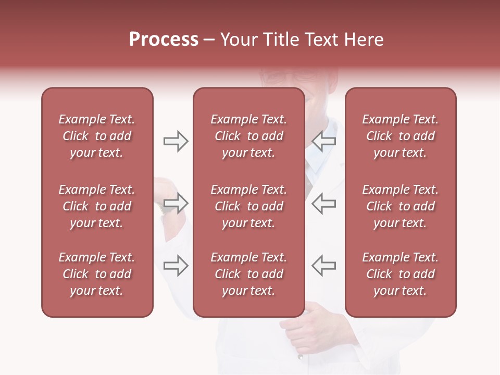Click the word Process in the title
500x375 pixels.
(164, 40)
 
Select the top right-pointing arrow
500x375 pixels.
(176, 141)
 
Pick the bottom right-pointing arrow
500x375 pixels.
(176, 266)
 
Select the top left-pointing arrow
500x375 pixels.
(324, 141)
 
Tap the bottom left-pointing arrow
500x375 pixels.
(324, 266)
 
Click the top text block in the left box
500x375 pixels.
(97, 136)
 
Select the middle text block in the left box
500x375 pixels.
(97, 206)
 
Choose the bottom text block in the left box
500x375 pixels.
(97, 274)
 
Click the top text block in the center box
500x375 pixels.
(248, 136)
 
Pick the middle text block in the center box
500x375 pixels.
(248, 206)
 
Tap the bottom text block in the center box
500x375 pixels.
(248, 274)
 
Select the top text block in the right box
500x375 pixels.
(400, 136)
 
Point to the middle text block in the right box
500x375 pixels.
(400, 206)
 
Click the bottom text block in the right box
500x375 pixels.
(400, 274)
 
